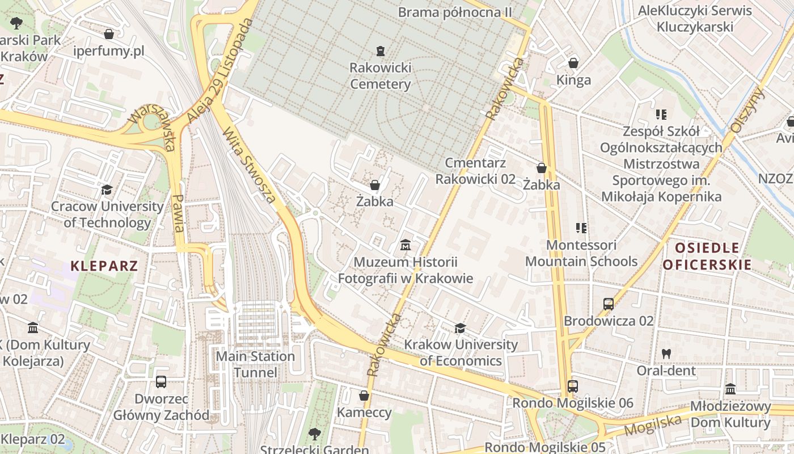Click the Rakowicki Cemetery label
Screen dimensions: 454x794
pyautogui.click(x=380, y=76)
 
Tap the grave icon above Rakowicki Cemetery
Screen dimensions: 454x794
pyautogui.click(x=380, y=51)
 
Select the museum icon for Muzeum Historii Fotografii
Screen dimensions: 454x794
pyautogui.click(x=406, y=245)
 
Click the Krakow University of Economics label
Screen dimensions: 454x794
pyautogui.click(x=461, y=352)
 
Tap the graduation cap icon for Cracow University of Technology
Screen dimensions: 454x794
pyautogui.click(x=107, y=190)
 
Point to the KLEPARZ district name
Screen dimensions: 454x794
pyautogui.click(x=104, y=266)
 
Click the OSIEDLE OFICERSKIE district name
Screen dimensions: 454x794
pyautogui.click(x=707, y=256)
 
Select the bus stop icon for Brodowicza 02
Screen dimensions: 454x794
pyautogui.click(x=609, y=304)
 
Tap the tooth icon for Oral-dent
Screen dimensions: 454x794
pyautogui.click(x=666, y=354)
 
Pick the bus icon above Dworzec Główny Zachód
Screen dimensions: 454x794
pyautogui.click(x=161, y=381)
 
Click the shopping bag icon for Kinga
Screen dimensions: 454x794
pyautogui.click(x=573, y=62)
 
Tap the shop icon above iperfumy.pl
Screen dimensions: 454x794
pyautogui.click(x=109, y=34)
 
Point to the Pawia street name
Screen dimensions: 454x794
pyautogui.click(x=179, y=213)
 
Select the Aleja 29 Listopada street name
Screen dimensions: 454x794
pyautogui.click(x=219, y=71)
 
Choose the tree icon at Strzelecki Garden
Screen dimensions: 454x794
pyautogui.click(x=314, y=435)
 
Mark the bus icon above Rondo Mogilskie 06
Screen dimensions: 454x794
pyautogui.click(x=573, y=386)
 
